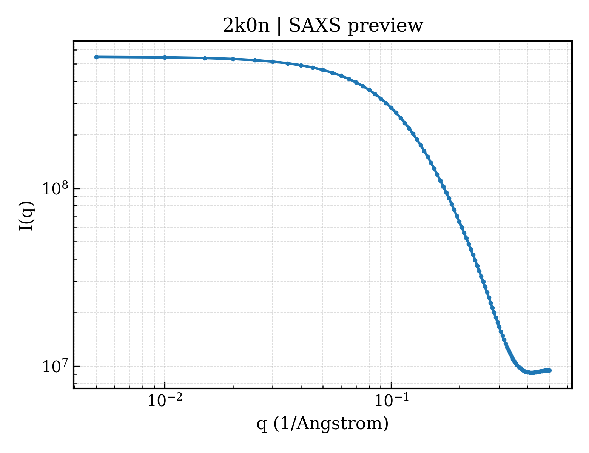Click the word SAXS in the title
315,26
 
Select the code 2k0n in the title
246,26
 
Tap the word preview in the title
385,26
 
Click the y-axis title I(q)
26,216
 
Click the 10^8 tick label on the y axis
55,188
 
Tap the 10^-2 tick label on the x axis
165,400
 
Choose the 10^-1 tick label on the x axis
392,400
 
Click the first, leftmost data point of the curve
97,57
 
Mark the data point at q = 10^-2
165,57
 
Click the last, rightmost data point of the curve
549,370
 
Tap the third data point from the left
205,58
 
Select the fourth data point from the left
233,59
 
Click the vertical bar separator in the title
279,26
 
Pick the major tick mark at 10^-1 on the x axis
392,385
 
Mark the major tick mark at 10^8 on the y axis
77,188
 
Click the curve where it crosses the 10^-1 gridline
392,108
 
